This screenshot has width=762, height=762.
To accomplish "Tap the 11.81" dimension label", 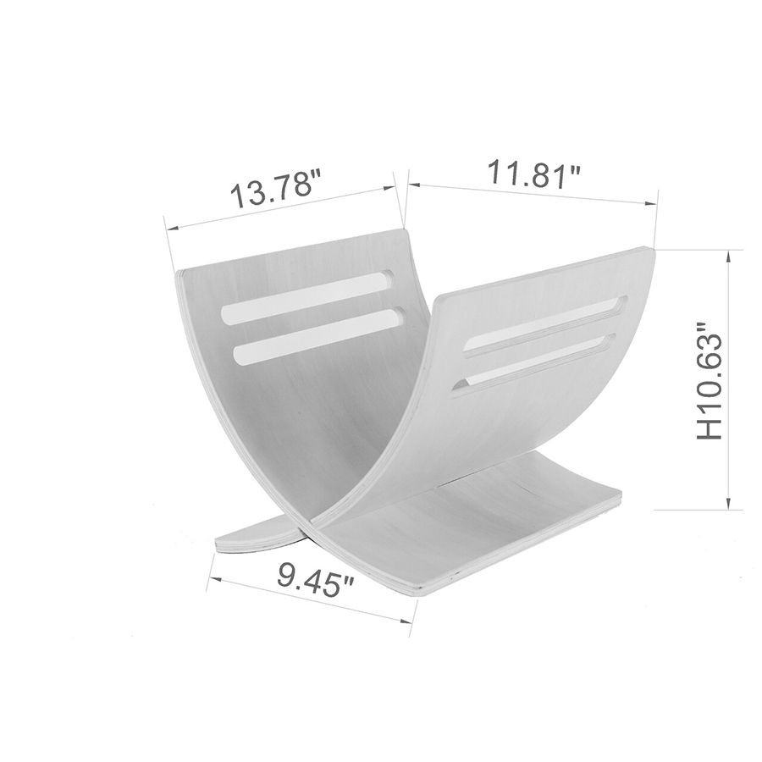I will [x=533, y=173].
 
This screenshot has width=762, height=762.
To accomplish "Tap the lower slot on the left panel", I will [x=316, y=335].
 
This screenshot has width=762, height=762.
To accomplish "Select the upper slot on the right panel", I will [x=548, y=323].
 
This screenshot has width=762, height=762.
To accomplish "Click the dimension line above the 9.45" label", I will [x=310, y=600].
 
